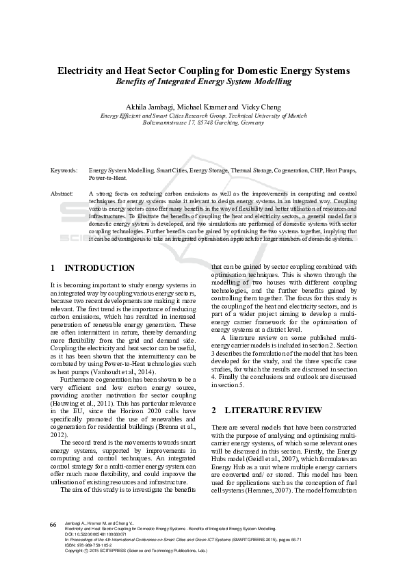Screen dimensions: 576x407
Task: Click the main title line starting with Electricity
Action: (x=203, y=70)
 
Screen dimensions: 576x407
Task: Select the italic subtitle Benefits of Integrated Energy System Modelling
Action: (x=203, y=81)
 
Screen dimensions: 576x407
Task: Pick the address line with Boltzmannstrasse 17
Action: (x=203, y=123)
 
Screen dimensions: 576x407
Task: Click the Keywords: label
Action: (x=64, y=169)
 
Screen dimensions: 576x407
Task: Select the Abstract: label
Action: (x=62, y=194)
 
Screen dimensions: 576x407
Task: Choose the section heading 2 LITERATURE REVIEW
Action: (x=266, y=410)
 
